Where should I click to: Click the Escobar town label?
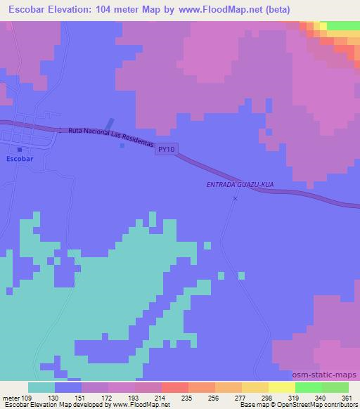click(x=19, y=160)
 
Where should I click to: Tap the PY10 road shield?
click(x=166, y=150)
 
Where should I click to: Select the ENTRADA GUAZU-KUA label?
click(x=240, y=184)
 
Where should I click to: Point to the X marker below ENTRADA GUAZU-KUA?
click(x=235, y=198)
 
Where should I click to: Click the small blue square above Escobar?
click(x=20, y=149)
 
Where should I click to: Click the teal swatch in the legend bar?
click(x=41, y=387)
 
